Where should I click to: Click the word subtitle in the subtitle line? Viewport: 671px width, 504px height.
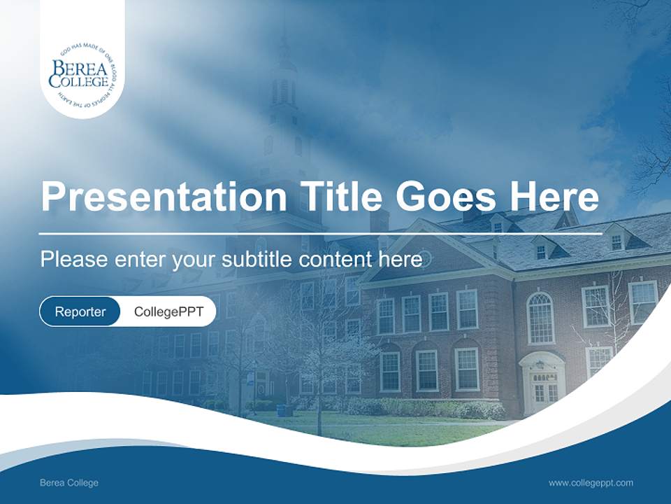[x=257, y=259]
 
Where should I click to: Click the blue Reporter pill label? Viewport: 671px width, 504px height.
[x=80, y=311]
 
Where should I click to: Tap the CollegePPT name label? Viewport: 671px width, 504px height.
[x=168, y=311]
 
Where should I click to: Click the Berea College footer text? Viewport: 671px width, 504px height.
[x=68, y=483]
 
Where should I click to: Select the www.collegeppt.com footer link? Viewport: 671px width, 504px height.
[x=591, y=483]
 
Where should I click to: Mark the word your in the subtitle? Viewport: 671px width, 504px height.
[x=195, y=260]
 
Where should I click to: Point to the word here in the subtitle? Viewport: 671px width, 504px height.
[x=402, y=259]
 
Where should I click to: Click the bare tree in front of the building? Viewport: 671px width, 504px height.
[x=318, y=350]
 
